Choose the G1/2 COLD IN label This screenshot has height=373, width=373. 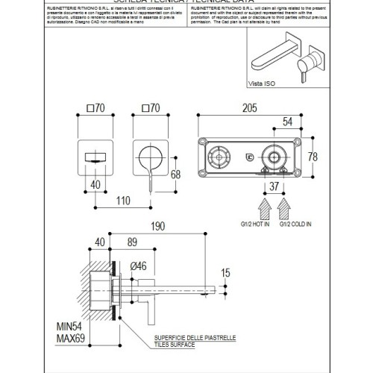coord(295,223)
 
